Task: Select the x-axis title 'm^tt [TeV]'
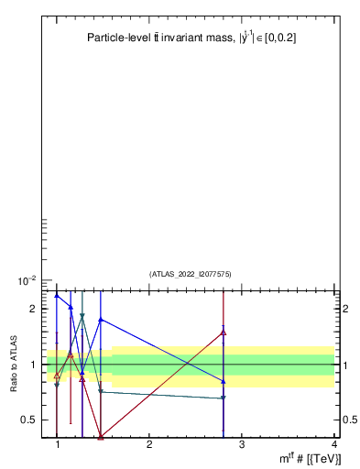click(311, 457)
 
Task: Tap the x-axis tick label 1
click(58, 444)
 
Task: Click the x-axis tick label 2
click(149, 444)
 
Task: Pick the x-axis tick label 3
click(242, 444)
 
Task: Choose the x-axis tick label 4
click(334, 444)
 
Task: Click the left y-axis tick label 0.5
click(29, 420)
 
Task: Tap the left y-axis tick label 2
click(32, 309)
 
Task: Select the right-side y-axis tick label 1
click(344, 365)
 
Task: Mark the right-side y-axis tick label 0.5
click(348, 420)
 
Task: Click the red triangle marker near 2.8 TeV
click(224, 333)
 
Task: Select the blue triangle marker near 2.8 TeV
click(224, 381)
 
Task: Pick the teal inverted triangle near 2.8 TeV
click(224, 398)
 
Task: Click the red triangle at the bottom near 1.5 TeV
click(101, 436)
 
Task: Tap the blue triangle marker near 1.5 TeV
click(101, 320)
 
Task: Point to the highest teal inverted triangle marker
click(82, 316)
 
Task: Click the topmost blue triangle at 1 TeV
click(57, 295)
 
